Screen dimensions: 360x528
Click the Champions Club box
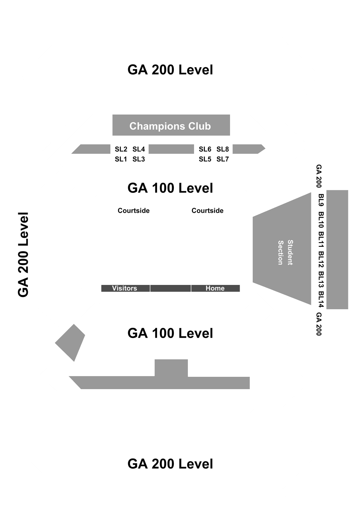tap(171, 125)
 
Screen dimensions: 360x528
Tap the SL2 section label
tap(121, 149)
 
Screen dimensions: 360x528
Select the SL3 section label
tap(139, 159)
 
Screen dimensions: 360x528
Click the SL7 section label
tap(223, 159)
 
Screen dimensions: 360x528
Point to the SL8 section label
tap(223, 149)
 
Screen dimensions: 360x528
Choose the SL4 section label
tap(139, 149)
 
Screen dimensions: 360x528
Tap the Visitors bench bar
tap(125, 288)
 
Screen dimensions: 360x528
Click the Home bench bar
tap(215, 288)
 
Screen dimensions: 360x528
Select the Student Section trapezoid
tap(282, 249)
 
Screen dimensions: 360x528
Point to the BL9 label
tap(321, 200)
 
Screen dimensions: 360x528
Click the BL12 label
tap(321, 259)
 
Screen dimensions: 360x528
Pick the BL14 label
tap(321, 299)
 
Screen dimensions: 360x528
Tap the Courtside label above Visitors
tap(134, 211)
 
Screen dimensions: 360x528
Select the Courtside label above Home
tap(207, 211)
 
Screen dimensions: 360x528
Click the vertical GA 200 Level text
tap(23, 254)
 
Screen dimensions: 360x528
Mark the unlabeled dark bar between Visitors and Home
tap(170, 288)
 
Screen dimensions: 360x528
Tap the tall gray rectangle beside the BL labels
tap(337, 250)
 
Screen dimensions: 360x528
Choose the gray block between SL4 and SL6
tap(171, 149)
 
